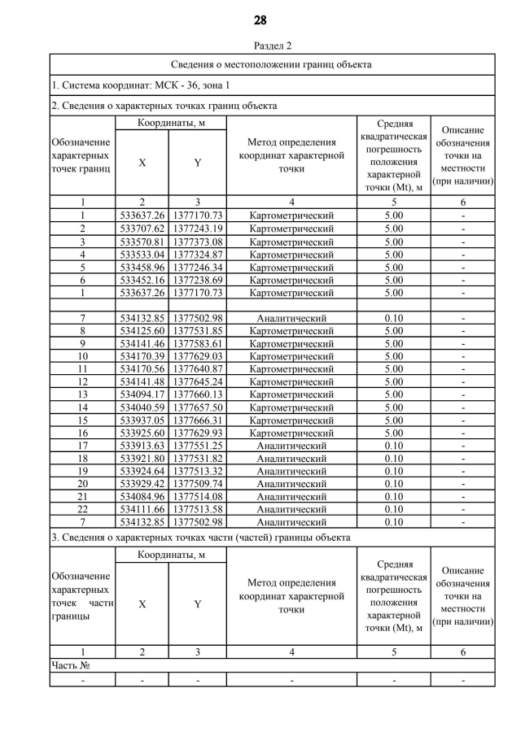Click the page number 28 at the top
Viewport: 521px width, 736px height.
click(x=260, y=20)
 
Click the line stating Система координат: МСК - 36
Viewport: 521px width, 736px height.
click(x=141, y=85)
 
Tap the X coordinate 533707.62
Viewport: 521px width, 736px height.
click(x=142, y=229)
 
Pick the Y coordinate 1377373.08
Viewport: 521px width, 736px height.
click(x=197, y=242)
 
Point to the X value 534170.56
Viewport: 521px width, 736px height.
click(x=142, y=368)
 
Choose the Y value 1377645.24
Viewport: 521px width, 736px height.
click(x=197, y=382)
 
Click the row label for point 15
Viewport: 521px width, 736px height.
click(x=83, y=420)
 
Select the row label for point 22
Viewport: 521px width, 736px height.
click(x=83, y=508)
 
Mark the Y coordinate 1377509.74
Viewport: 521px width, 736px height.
click(x=197, y=483)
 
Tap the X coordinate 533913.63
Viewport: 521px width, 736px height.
click(x=142, y=446)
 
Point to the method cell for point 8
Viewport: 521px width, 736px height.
click(x=291, y=331)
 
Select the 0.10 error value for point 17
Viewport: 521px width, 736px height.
click(x=393, y=446)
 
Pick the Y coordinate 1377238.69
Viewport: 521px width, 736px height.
click(x=197, y=280)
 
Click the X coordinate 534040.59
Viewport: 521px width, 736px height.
click(x=142, y=407)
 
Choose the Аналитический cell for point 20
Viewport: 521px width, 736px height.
click(x=291, y=483)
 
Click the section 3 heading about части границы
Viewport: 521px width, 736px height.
click(x=201, y=537)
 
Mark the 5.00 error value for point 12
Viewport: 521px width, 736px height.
click(x=393, y=382)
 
